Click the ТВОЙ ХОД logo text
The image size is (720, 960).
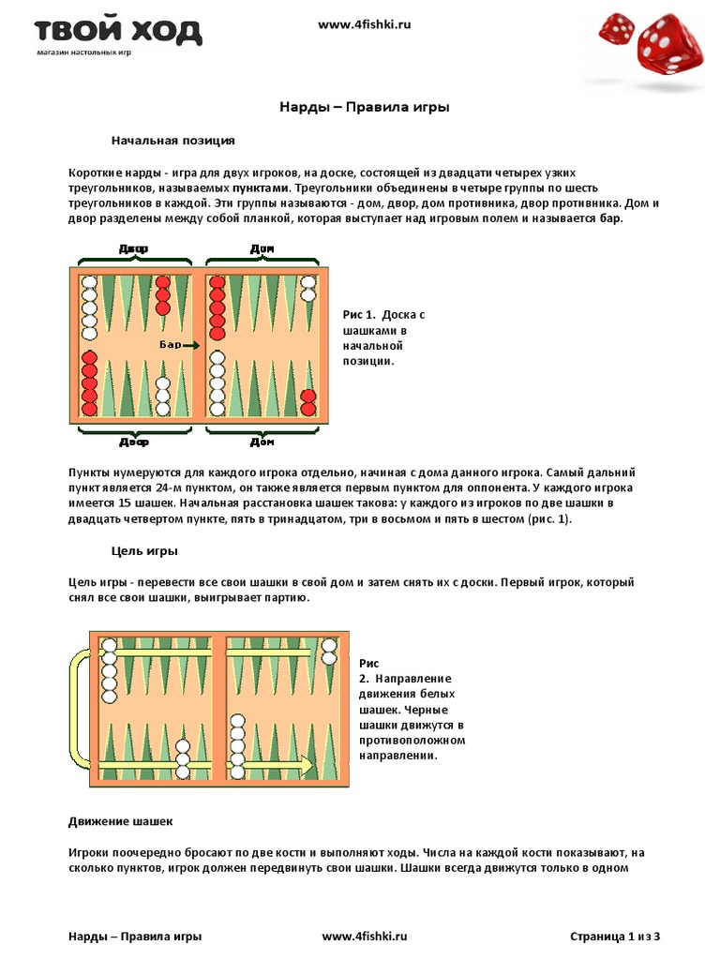pos(118,31)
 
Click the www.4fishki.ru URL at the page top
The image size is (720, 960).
pos(365,25)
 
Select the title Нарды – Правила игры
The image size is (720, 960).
pos(365,107)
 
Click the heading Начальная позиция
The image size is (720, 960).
pos(172,141)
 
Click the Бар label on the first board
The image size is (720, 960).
pos(170,345)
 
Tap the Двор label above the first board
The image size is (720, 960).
pos(134,248)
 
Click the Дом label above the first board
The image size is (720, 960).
pos(262,248)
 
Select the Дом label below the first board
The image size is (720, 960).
pos(262,442)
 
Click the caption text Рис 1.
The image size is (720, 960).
pos(359,315)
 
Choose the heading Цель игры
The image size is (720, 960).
pos(144,550)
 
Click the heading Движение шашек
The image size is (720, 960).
pos(120,821)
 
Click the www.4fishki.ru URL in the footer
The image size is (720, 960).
pos(365,936)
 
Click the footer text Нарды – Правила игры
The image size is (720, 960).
pos(135,936)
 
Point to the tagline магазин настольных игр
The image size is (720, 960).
pos(83,52)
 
